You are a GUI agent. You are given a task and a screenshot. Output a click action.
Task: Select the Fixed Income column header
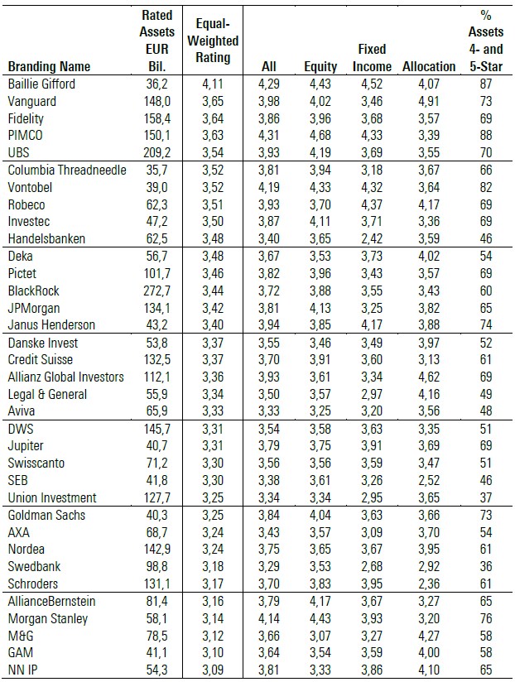pyautogui.click(x=372, y=58)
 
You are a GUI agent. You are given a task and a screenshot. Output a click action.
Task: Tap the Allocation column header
pyautogui.click(x=429, y=66)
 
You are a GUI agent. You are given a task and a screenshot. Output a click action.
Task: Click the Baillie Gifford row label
pyautogui.click(x=41, y=84)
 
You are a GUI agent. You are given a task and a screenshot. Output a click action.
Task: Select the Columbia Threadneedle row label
pyautogui.click(x=67, y=170)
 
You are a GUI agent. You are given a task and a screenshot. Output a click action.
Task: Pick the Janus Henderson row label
pyautogui.click(x=51, y=325)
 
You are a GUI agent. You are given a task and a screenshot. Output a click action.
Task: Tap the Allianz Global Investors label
pyautogui.click(x=65, y=377)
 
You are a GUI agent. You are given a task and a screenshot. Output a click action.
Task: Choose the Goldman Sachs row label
pyautogui.click(x=46, y=515)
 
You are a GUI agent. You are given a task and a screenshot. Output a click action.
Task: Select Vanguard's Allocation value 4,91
pyautogui.click(x=429, y=101)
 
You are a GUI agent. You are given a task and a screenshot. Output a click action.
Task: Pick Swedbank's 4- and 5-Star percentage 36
pyautogui.click(x=486, y=566)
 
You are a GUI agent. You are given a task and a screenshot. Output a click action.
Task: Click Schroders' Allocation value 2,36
pyautogui.click(x=429, y=584)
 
